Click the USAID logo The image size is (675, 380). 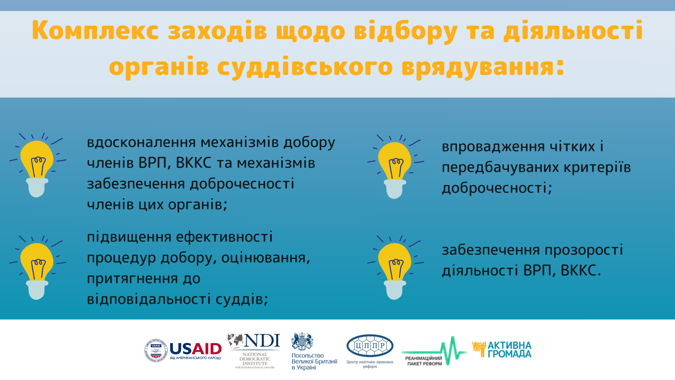pos(183,350)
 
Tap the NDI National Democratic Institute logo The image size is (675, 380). pos(254,350)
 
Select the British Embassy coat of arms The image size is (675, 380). pos(302,341)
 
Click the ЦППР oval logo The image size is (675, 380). pos(370,346)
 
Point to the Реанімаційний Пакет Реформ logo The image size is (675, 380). pos(434,351)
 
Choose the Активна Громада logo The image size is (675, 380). pos(502,349)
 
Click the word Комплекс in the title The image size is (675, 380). pos(95,31)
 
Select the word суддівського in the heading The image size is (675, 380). pos(305,67)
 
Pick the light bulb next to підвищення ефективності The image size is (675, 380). pos(37,267)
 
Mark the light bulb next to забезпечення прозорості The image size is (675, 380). pos(395,267)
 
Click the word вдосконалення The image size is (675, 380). pos(141,142)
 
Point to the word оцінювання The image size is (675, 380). pos(266,258)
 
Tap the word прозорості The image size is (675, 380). pos(584,251)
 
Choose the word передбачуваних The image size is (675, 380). pos(500,168)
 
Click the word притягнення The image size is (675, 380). pos(133,279)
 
